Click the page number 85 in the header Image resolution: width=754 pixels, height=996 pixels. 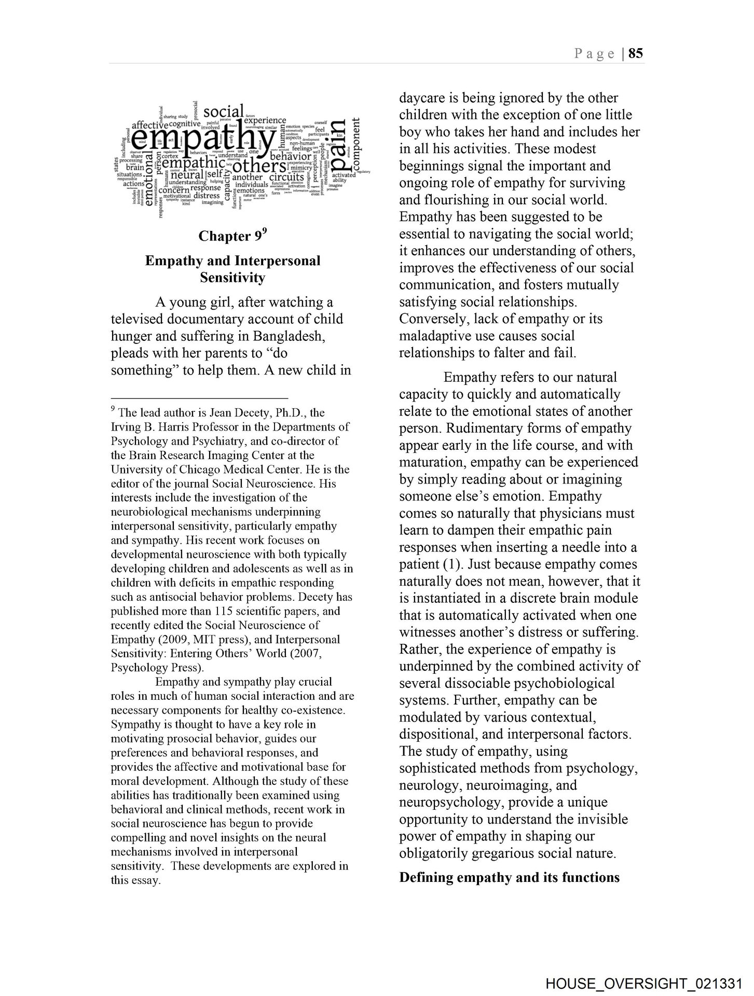point(636,53)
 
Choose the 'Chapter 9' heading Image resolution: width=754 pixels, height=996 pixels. point(231,236)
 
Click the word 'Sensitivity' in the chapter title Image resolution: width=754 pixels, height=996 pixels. point(232,278)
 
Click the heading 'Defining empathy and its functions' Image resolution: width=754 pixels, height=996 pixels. point(509,878)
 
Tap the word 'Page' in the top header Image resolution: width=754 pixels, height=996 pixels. point(594,54)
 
